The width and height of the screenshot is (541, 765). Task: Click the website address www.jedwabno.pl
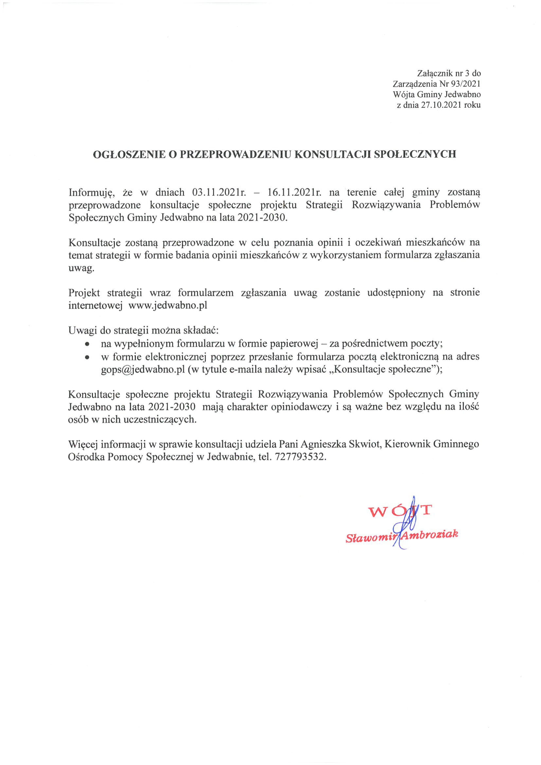[x=168, y=305]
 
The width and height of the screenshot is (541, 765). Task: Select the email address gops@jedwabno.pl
[x=143, y=370]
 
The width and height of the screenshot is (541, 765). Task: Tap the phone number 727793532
[x=299, y=456]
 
